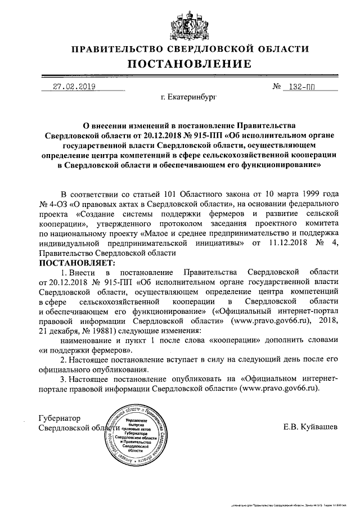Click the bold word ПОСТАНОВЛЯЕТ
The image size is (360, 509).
(76, 263)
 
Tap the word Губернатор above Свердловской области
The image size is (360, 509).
(60, 418)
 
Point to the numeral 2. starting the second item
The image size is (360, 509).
(63, 359)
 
